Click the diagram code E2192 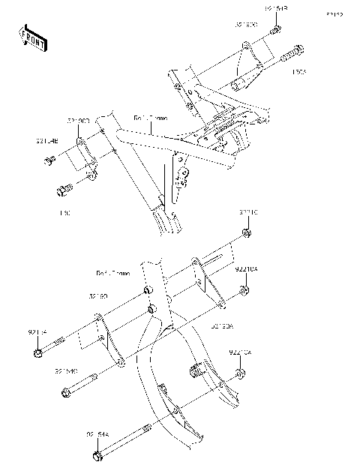[x=334, y=13]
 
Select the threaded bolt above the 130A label [x=292, y=55]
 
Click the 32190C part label [x=78, y=120]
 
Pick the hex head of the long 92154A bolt [x=96, y=456]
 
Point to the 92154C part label [x=66, y=369]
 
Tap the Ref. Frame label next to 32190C [x=151, y=118]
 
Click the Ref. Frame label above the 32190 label [x=112, y=273]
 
